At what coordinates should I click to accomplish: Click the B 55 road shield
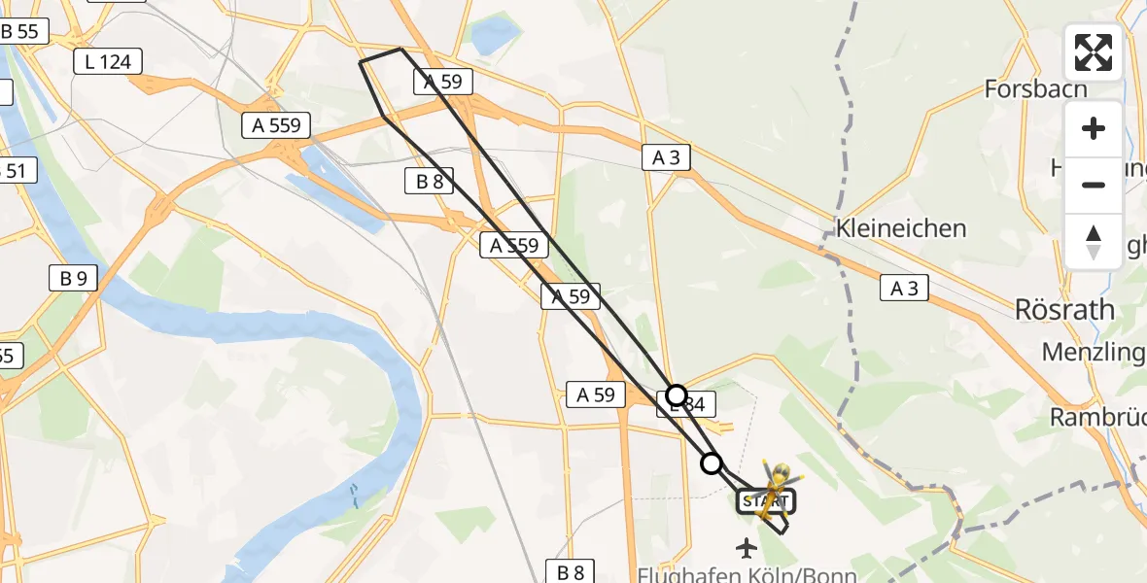21,31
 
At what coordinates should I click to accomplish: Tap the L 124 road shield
108,62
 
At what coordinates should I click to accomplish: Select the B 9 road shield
73,279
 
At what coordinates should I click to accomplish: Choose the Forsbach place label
1035,89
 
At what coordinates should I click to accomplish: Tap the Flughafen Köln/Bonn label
747,574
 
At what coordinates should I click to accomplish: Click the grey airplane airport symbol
747,548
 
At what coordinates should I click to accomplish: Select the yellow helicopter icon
776,486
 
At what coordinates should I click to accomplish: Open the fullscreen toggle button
1094,52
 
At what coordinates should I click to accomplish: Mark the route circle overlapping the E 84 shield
677,395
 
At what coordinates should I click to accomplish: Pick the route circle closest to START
713,463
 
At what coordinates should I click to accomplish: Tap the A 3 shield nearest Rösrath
904,287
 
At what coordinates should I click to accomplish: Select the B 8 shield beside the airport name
571,571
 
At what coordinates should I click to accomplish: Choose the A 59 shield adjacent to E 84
596,394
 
